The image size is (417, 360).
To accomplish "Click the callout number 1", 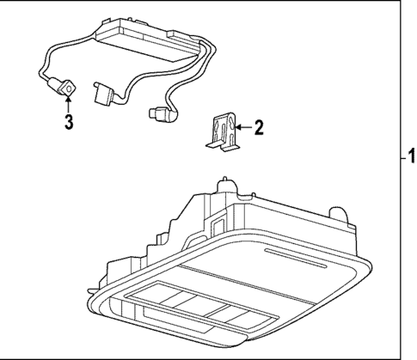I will [x=411, y=157].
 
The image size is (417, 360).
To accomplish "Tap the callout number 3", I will [x=69, y=121].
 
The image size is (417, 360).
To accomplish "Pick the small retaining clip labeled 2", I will [x=223, y=133].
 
